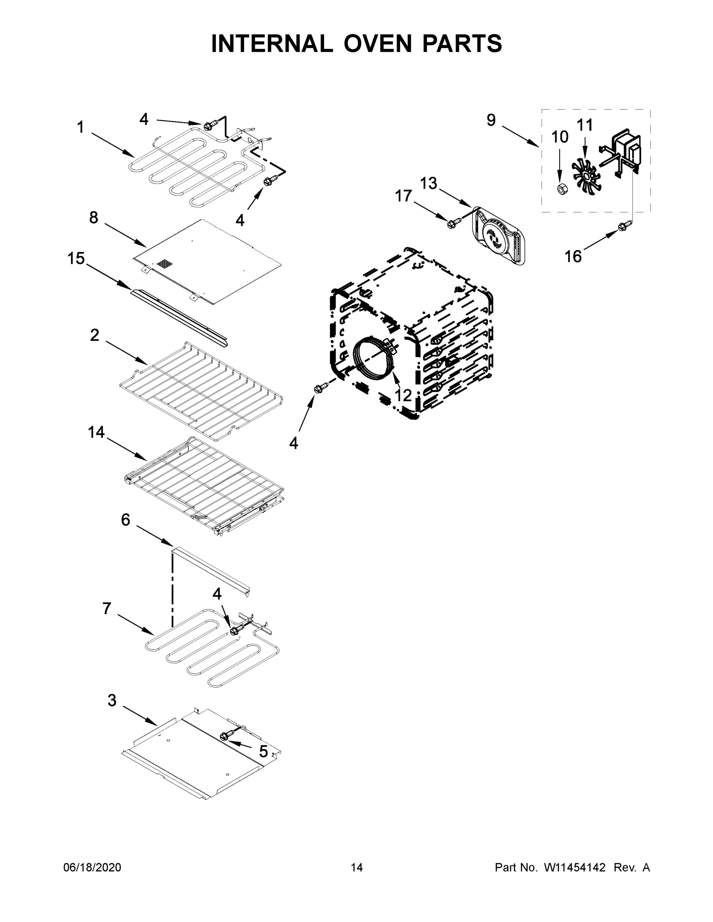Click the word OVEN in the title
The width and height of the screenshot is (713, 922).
coord(377,43)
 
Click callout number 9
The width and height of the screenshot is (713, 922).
coord(491,120)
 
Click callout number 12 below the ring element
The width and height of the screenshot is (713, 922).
coord(403,395)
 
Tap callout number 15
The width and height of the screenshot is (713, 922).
coord(76,259)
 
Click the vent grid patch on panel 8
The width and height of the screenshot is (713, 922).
coord(165,265)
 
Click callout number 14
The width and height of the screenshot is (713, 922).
coord(96,432)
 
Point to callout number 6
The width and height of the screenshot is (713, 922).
coord(125,520)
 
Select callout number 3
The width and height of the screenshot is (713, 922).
coord(112,700)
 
